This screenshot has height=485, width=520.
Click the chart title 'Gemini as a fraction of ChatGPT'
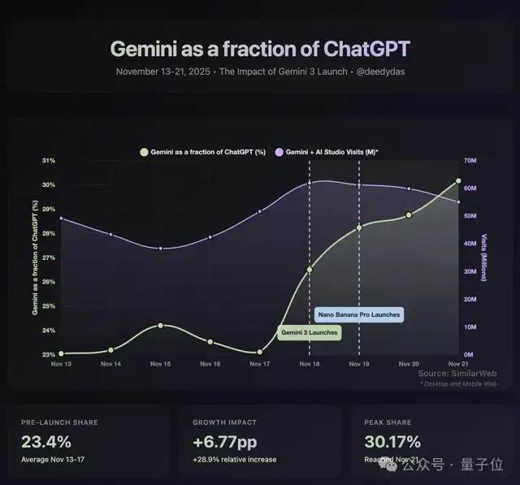pyautogui.click(x=260, y=48)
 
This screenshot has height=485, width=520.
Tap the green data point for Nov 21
pyautogui.click(x=458, y=181)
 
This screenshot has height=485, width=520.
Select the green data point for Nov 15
pyautogui.click(x=160, y=325)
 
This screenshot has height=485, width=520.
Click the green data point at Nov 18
pyautogui.click(x=310, y=269)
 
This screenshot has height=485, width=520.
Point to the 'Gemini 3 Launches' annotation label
pyautogui.click(x=309, y=332)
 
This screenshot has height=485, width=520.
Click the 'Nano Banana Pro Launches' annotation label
pyautogui.click(x=358, y=314)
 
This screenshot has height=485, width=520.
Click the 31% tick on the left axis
pyautogui.click(x=48, y=161)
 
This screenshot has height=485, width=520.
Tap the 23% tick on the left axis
pyautogui.click(x=48, y=354)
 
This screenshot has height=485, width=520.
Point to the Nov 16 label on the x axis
pyautogui.click(x=210, y=364)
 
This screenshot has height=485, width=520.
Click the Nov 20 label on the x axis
pyautogui.click(x=409, y=364)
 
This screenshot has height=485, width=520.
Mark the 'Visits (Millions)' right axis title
pyautogui.click(x=484, y=258)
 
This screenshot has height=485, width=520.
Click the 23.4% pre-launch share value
pyautogui.click(x=47, y=443)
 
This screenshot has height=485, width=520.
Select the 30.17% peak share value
pyautogui.click(x=393, y=443)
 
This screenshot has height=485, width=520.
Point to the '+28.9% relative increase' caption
pyautogui.click(x=234, y=460)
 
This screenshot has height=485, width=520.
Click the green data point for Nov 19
pyautogui.click(x=359, y=227)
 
